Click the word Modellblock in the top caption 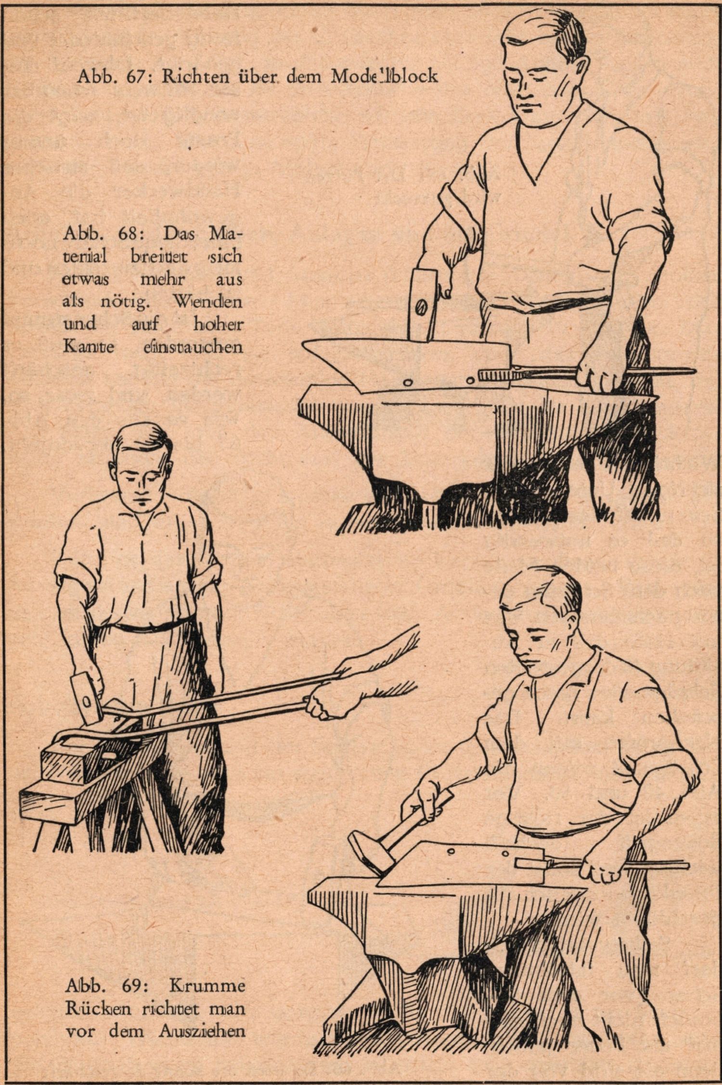[384, 76]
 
